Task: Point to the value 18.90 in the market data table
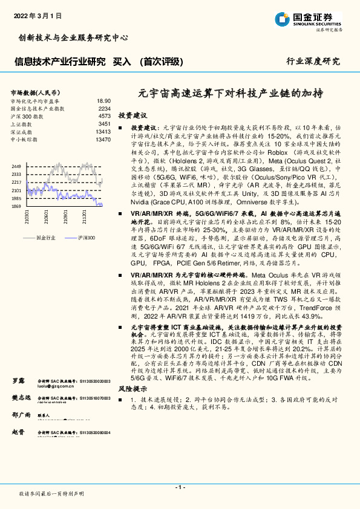point(103,101)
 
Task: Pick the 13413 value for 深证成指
point(103,132)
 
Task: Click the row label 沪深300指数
point(26,116)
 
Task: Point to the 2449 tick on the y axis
point(16,166)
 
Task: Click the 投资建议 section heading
point(132,115)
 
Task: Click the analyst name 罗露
point(18,381)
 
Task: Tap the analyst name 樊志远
point(22,398)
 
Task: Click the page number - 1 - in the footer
point(180,487)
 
